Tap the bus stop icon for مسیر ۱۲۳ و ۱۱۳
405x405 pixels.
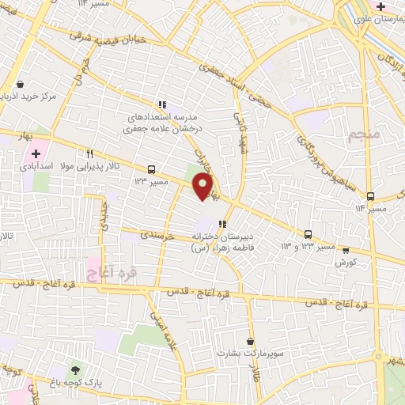[308, 234]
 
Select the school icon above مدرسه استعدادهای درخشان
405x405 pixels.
[162, 104]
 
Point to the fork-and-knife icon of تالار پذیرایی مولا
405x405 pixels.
[90, 154]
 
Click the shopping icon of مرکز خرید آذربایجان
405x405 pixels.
[20, 84]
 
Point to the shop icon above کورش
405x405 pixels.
[346, 250]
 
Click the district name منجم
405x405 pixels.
[365, 134]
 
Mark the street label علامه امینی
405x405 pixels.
[162, 328]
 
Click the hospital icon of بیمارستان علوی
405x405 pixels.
[380, 6]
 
